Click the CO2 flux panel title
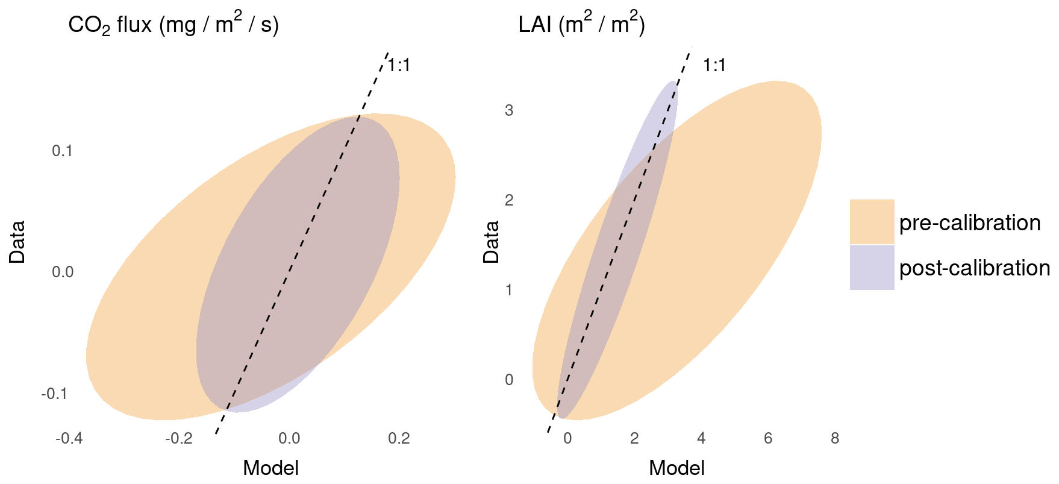[x=173, y=25]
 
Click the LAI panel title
[x=581, y=25]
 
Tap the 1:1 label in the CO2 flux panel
[x=399, y=65]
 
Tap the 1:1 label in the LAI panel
[x=714, y=65]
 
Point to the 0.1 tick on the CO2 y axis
[x=62, y=151]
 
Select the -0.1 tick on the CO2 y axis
[x=54, y=394]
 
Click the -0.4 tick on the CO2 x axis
[x=69, y=438]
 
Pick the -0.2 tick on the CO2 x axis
[x=179, y=438]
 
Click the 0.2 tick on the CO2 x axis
[x=399, y=438]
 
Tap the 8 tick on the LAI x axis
[x=835, y=438]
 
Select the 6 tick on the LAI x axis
[x=768, y=438]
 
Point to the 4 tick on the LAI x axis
[x=701, y=438]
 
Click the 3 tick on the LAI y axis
[x=509, y=110]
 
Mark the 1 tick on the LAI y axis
[x=509, y=290]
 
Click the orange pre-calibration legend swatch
[x=872, y=222]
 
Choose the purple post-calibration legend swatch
[x=872, y=268]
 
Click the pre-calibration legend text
[x=970, y=223]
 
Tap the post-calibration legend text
[x=975, y=268]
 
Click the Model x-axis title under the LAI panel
[x=676, y=468]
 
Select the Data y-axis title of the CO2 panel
[x=17, y=242]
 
